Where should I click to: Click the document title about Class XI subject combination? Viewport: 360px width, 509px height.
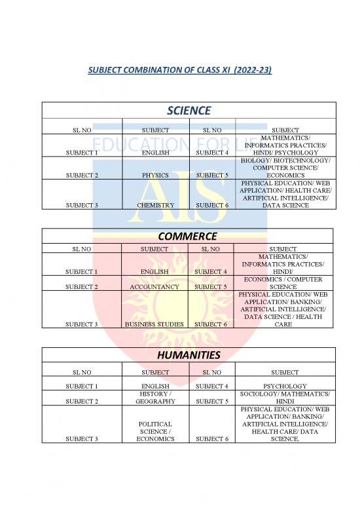(x=180, y=69)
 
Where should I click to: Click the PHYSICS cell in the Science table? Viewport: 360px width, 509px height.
(x=156, y=175)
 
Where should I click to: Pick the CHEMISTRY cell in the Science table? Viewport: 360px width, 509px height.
(x=156, y=205)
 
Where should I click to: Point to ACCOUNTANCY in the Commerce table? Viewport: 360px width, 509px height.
(x=156, y=286)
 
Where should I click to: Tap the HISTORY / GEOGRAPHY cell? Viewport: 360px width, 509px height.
(x=156, y=398)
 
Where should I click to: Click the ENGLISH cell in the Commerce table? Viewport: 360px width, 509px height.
(x=156, y=271)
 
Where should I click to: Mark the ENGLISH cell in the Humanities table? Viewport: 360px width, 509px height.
(x=156, y=386)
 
